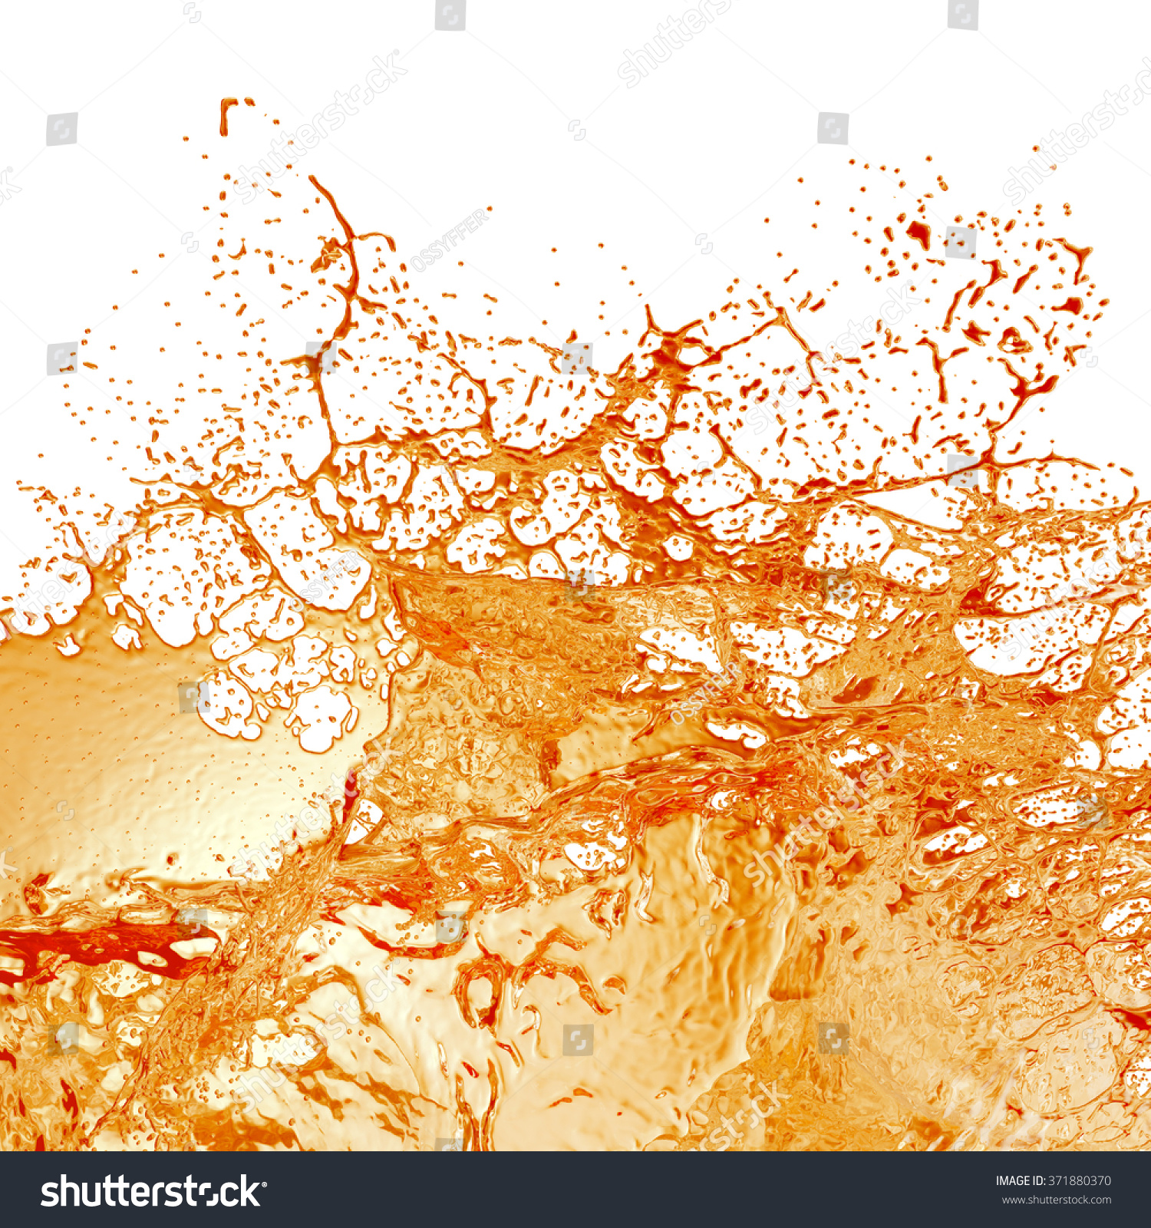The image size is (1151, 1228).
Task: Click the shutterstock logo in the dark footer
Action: pos(150,1192)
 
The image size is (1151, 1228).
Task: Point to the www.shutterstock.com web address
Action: pos(1056,1200)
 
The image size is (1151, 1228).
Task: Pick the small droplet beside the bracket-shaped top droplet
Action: pos(249,101)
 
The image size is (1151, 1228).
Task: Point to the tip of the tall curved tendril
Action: pos(312,179)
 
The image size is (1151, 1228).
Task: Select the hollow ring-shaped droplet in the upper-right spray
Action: pos(1011,339)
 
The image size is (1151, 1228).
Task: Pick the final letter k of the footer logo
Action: pos(250,1192)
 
